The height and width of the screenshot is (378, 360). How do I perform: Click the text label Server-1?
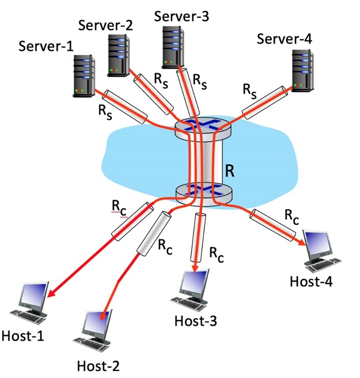pos(46,45)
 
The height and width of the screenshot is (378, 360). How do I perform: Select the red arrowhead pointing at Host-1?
pos(50,294)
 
